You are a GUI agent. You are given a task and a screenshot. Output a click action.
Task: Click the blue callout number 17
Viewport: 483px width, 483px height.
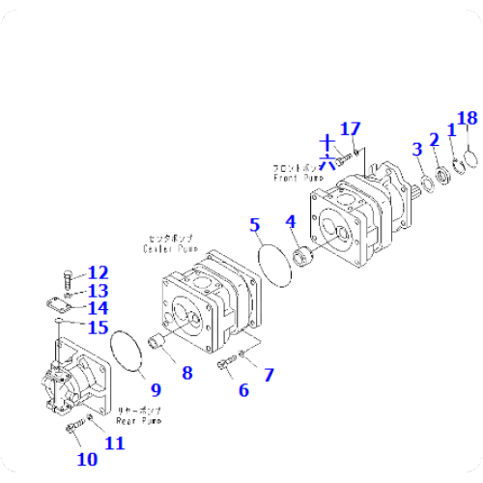click(x=350, y=129)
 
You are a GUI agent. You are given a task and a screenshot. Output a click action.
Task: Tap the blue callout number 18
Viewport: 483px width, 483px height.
click(x=467, y=119)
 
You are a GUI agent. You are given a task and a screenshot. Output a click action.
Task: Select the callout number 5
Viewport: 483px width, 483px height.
click(x=255, y=226)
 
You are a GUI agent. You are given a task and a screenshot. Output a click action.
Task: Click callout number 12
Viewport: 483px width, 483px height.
click(x=99, y=272)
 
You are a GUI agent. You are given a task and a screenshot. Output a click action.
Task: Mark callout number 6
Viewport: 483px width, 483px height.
click(x=243, y=390)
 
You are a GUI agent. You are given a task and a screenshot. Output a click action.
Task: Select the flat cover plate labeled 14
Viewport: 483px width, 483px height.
click(x=58, y=305)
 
